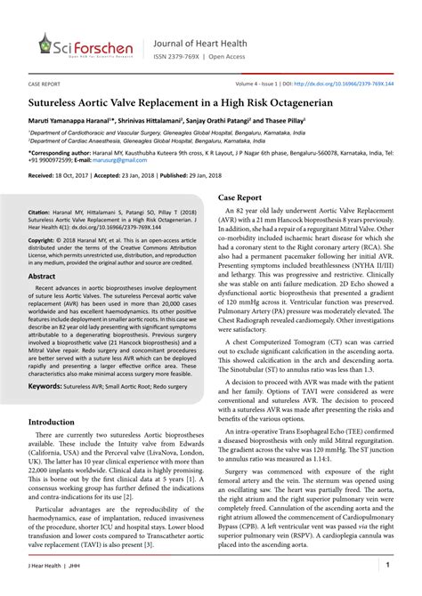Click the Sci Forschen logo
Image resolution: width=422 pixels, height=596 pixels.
point(85,44)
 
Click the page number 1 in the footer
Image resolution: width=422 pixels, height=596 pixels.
point(388,565)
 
